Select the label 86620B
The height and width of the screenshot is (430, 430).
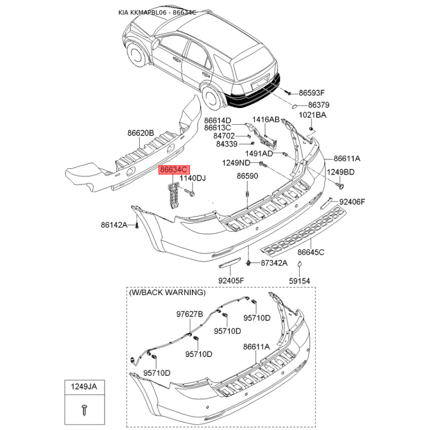141,133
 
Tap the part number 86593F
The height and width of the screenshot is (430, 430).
312,92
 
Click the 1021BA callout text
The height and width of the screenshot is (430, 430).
312,115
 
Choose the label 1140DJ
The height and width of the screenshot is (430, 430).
192,178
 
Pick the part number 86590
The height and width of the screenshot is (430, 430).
248,176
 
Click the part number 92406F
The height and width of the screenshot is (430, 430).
352,202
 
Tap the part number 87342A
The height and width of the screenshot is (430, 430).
274,263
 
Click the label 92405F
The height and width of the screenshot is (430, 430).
231,281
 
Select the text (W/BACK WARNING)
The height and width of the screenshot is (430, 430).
167,292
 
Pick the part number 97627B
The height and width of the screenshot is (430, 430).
190,314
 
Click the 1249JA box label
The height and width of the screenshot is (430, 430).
84,386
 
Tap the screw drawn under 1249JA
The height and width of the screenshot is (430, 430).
84,411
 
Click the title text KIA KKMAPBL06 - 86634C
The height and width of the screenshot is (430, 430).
157,11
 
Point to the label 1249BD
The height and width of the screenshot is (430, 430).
341,172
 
